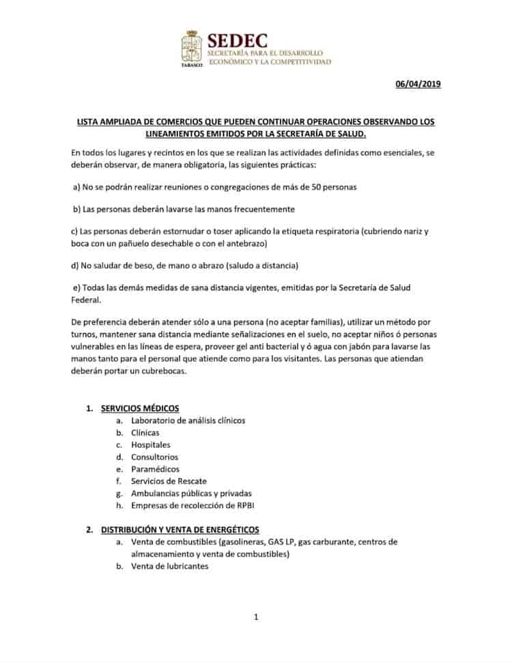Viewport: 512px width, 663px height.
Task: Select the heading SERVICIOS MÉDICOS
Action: click(x=140, y=408)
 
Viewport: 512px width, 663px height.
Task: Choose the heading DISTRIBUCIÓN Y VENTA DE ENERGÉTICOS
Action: click(x=180, y=529)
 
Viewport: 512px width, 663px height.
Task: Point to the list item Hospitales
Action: click(x=152, y=445)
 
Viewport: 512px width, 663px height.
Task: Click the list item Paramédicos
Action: click(x=155, y=469)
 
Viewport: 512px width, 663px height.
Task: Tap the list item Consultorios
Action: click(x=155, y=457)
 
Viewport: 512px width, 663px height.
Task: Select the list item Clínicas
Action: click(x=145, y=433)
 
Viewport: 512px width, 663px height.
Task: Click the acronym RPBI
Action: click(x=244, y=505)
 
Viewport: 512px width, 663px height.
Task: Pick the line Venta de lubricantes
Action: click(x=170, y=566)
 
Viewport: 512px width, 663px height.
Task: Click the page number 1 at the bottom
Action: click(x=256, y=618)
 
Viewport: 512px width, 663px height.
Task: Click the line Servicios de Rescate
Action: click(x=169, y=481)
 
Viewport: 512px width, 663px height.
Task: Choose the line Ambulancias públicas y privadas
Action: click(x=192, y=493)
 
